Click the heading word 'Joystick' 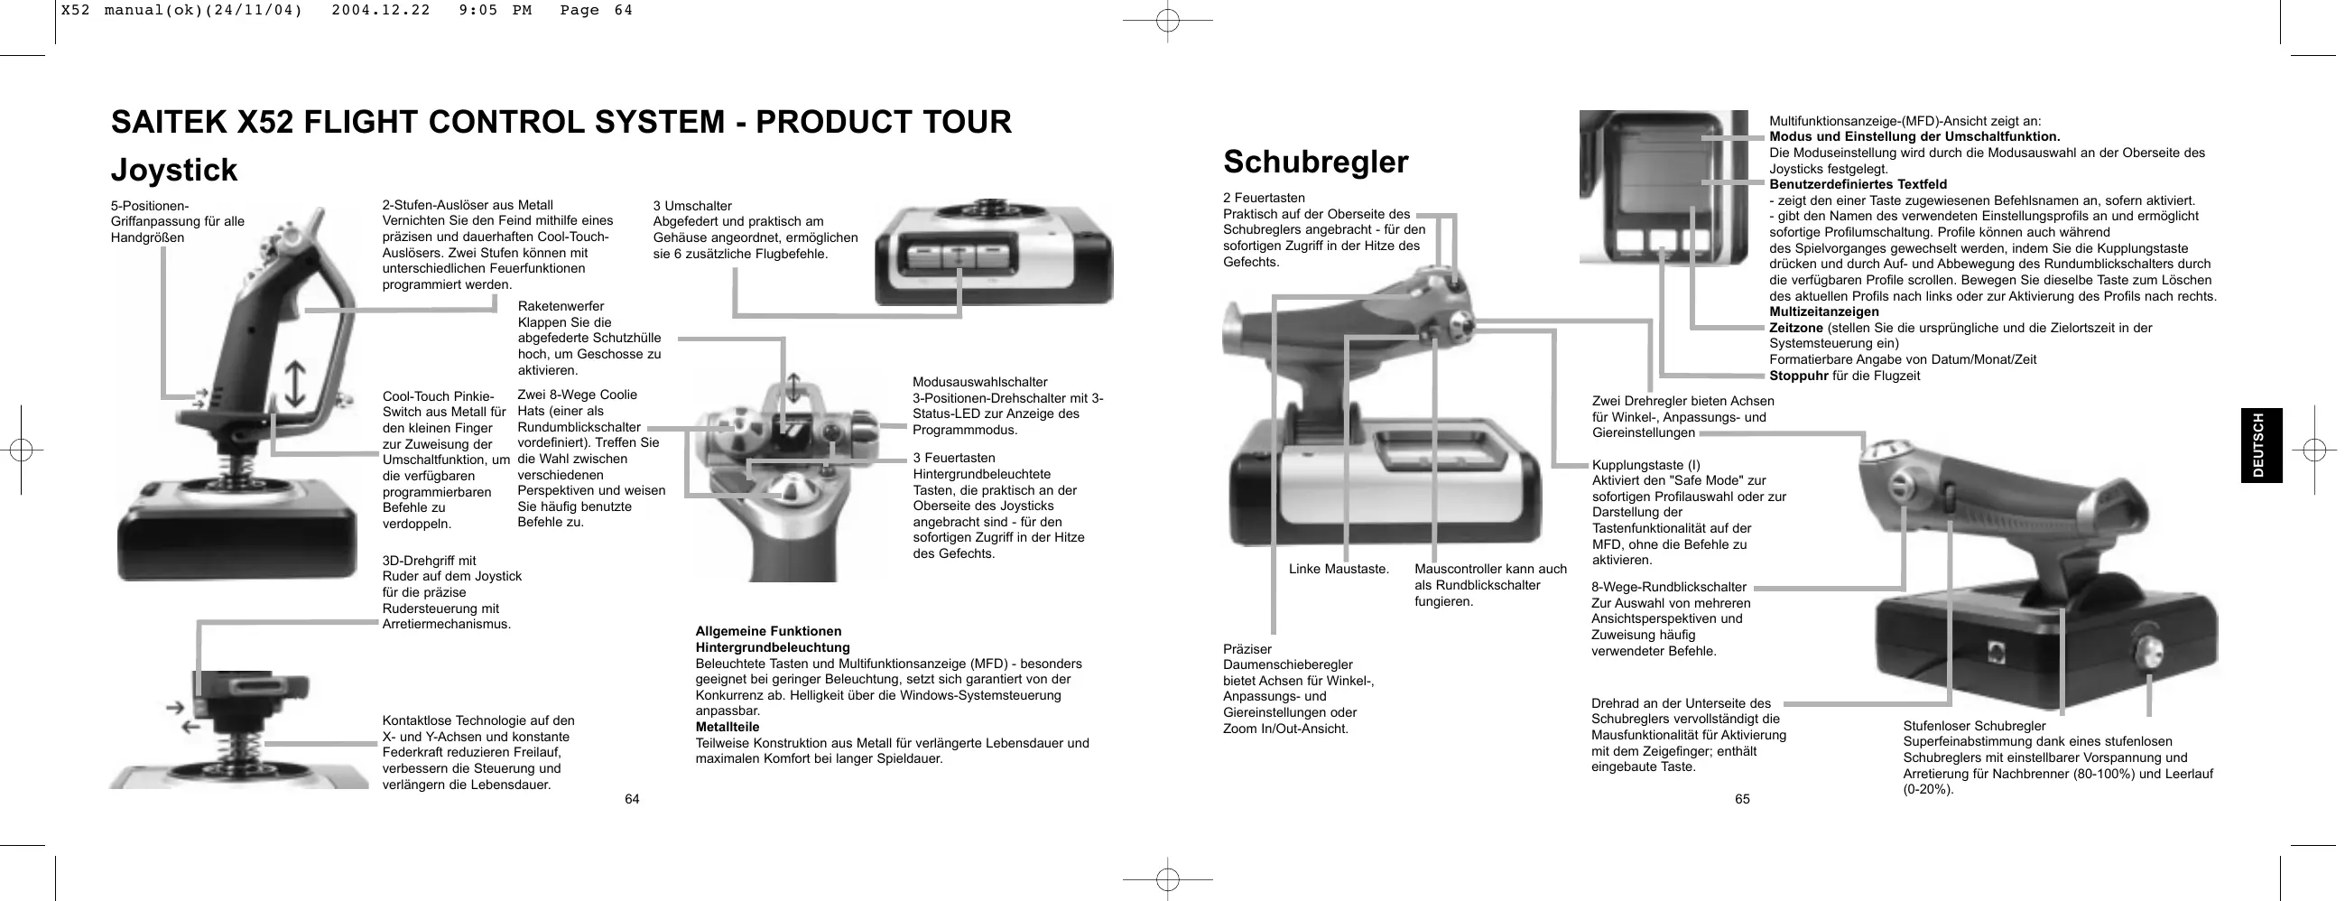click(x=174, y=171)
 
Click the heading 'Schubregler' click(x=1315, y=162)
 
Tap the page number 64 click(x=632, y=799)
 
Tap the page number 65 click(x=1741, y=799)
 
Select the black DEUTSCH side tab click(x=2261, y=445)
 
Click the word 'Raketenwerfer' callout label click(x=560, y=306)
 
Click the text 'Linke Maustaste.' click(x=1339, y=570)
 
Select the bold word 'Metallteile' click(x=728, y=727)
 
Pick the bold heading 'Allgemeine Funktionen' click(x=768, y=631)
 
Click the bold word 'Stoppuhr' click(x=1798, y=376)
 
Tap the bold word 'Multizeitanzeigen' click(x=1823, y=312)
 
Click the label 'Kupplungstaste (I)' click(x=1645, y=465)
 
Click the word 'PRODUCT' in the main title click(x=822, y=122)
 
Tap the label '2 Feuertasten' click(x=1264, y=198)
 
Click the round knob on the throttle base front click(x=2149, y=652)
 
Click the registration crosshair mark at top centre click(x=1167, y=20)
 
